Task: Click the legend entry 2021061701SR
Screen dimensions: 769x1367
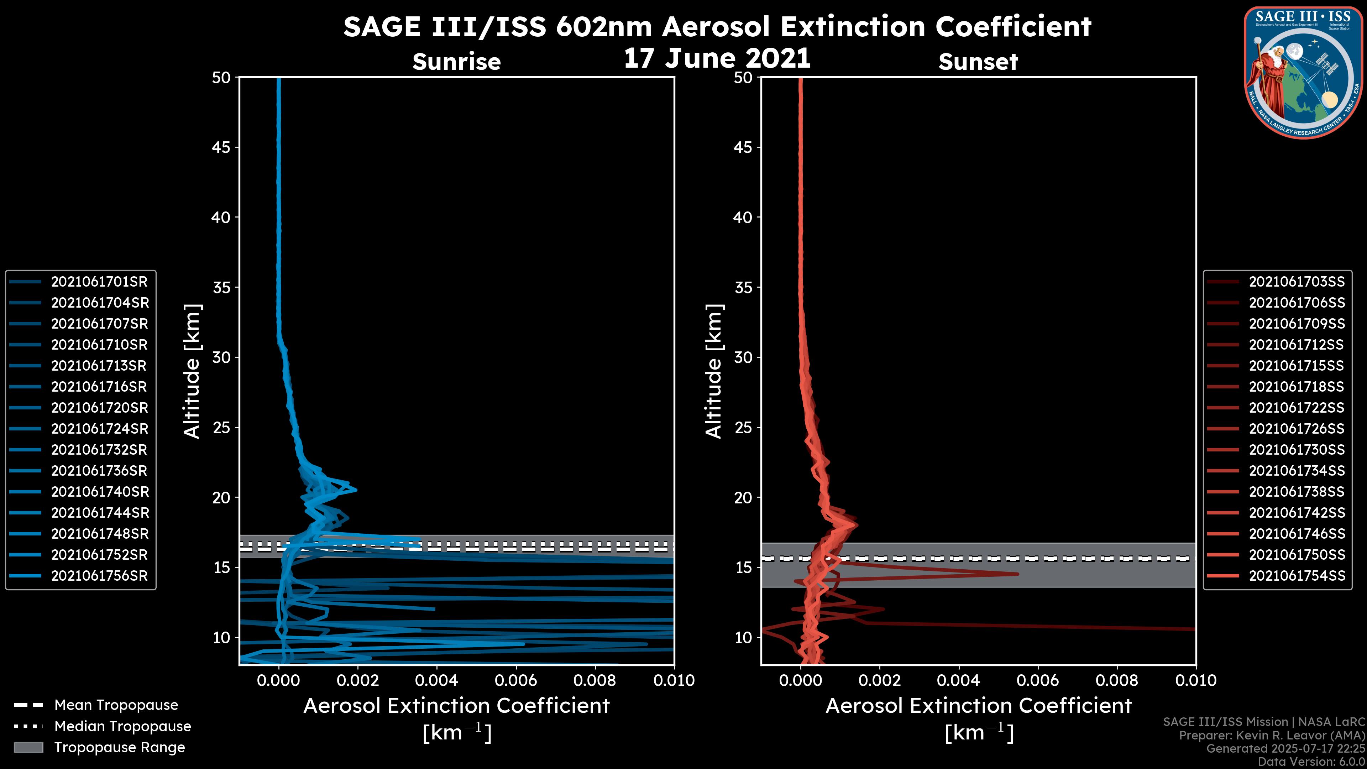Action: pyautogui.click(x=99, y=282)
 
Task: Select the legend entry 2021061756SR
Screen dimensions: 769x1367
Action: pyautogui.click(x=99, y=576)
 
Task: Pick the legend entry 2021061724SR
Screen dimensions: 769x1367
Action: pyautogui.click(x=99, y=429)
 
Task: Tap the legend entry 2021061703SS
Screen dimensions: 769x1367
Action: pyautogui.click(x=1297, y=282)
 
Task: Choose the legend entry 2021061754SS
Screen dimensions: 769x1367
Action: pyautogui.click(x=1297, y=576)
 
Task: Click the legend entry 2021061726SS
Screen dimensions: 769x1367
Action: pyautogui.click(x=1297, y=429)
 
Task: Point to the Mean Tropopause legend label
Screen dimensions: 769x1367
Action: pyautogui.click(x=116, y=705)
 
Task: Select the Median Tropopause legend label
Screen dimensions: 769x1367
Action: pyautogui.click(x=122, y=727)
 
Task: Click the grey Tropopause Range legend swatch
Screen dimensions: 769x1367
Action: pyautogui.click(x=28, y=748)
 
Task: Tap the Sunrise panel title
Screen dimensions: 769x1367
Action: pyautogui.click(x=456, y=62)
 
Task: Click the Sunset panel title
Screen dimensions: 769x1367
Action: pyautogui.click(x=978, y=62)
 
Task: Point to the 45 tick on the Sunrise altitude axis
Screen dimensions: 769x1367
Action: pyautogui.click(x=221, y=147)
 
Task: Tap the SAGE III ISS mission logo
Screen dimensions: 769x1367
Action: pyautogui.click(x=1302, y=73)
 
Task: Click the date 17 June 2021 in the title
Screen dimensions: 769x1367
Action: pyautogui.click(x=717, y=58)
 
